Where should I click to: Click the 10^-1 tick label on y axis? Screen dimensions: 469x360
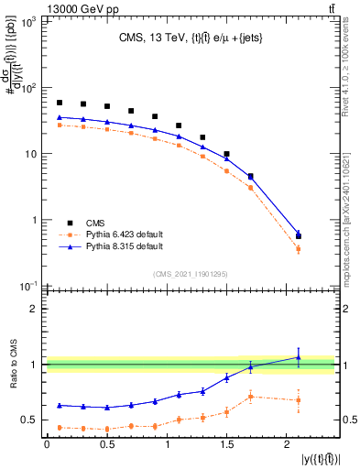pos(28,286)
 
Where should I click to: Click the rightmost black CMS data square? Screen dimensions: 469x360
pos(298,236)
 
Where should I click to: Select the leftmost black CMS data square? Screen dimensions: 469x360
pos(60,103)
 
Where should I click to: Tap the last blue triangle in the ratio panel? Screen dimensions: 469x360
pos(298,357)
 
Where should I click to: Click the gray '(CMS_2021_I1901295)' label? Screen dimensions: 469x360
pos(190,273)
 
